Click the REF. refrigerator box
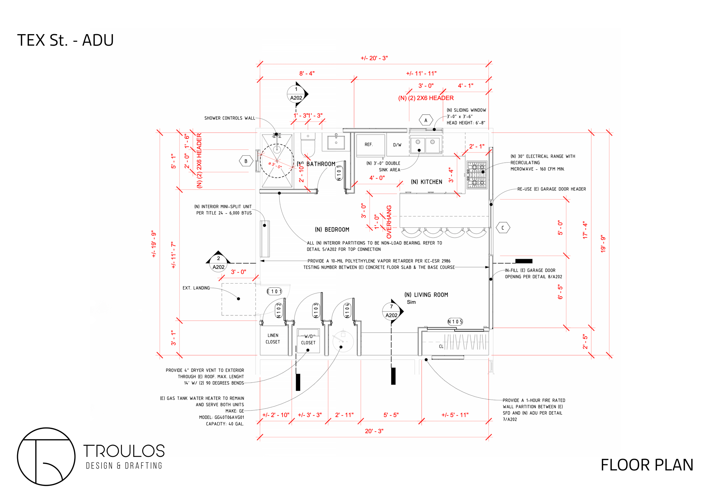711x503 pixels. click(x=370, y=145)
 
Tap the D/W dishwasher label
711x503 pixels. click(x=397, y=145)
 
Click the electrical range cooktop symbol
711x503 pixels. click(x=477, y=175)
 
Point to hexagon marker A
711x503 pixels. click(x=426, y=120)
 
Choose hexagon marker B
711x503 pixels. click(x=246, y=161)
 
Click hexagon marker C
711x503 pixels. click(x=503, y=228)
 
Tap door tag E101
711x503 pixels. click(x=274, y=291)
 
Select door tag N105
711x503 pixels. click(x=455, y=322)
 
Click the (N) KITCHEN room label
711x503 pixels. click(x=426, y=182)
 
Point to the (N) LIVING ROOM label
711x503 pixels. click(x=426, y=295)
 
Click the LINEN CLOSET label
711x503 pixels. click(x=273, y=339)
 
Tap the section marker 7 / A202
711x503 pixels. click(x=391, y=311)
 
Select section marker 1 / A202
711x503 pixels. click(x=296, y=94)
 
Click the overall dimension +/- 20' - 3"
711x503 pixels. click(x=374, y=58)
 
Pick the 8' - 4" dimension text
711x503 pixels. click(x=307, y=73)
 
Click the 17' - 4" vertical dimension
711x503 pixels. click(x=585, y=230)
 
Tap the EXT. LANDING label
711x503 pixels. click(x=196, y=288)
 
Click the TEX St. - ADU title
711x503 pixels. click(x=65, y=40)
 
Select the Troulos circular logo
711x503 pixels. click(x=46, y=457)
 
